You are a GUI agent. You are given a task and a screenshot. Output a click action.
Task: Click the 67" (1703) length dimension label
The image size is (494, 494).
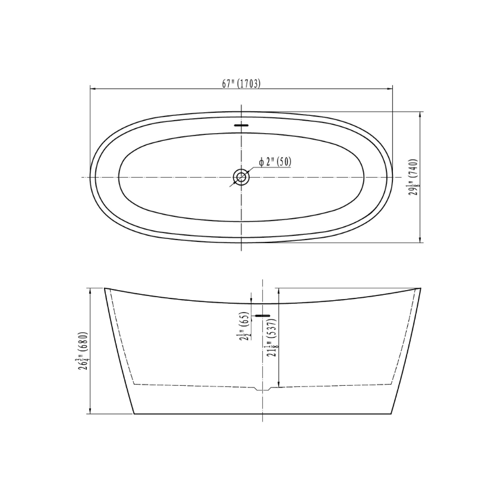(241, 83)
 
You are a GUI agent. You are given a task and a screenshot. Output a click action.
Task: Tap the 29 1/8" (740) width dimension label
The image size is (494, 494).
(414, 177)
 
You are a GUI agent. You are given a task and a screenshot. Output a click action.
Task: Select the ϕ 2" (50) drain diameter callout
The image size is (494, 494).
(275, 162)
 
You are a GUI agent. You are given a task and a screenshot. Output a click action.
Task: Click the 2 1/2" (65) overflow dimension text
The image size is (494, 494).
(245, 326)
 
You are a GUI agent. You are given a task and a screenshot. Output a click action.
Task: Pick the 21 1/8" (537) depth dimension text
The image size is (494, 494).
(272, 338)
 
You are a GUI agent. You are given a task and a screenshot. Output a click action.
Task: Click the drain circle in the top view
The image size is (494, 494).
(241, 177)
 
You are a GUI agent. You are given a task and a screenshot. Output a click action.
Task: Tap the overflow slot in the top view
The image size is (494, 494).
(241, 125)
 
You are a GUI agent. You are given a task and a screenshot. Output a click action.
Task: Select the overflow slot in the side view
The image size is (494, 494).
(262, 316)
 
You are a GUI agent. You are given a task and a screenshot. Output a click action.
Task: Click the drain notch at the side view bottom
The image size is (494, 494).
(263, 389)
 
